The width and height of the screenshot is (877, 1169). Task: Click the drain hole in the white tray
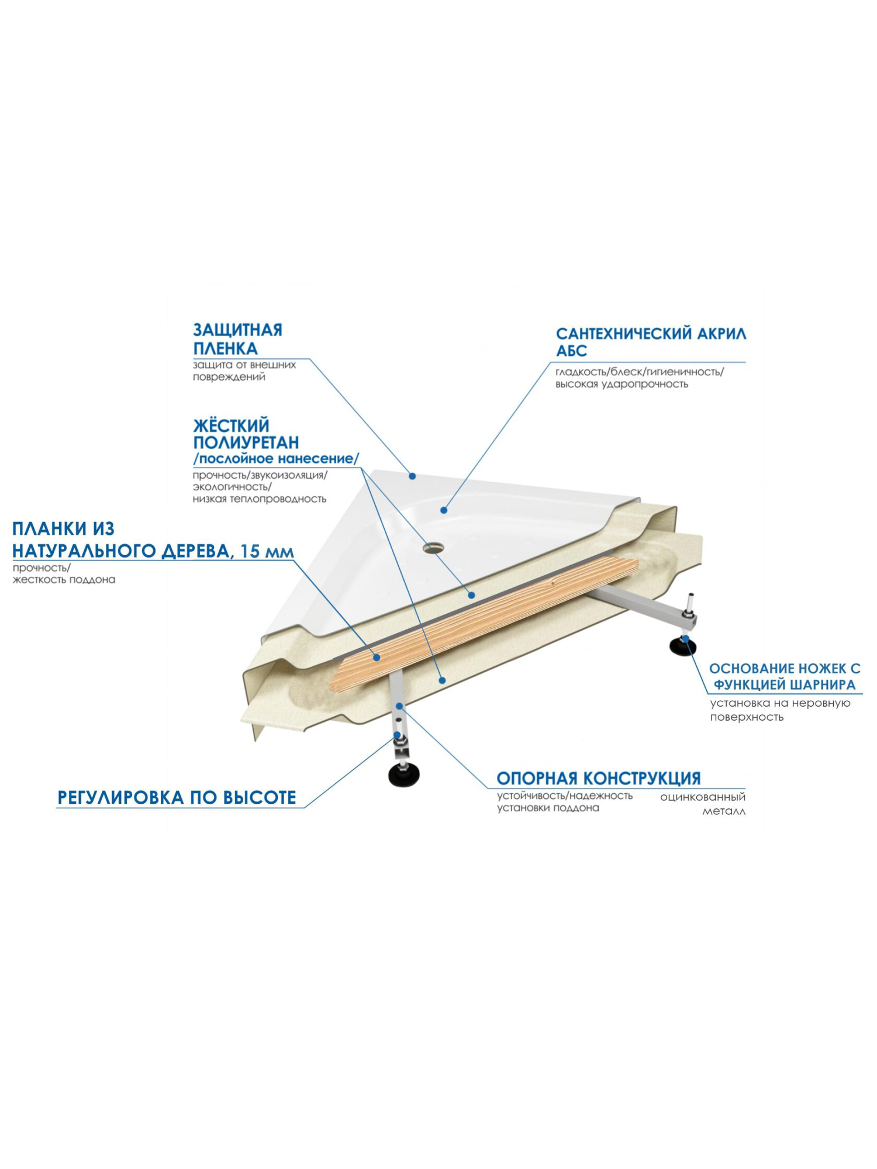pos(434,548)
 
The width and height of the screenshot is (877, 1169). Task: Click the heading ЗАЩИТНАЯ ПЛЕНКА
pos(237,339)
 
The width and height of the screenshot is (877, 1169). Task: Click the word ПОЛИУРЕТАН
pos(246,442)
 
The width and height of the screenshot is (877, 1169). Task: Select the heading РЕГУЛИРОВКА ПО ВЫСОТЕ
pos(177,798)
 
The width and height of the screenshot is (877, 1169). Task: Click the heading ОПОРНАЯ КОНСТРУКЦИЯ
pos(598,779)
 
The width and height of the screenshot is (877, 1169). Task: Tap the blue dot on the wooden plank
pos(377,658)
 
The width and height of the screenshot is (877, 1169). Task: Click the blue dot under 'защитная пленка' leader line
pos(412,476)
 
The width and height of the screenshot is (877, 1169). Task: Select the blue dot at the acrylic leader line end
pos(444,510)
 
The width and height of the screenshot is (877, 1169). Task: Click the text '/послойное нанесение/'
pos(275,459)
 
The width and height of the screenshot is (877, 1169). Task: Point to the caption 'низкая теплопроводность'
pos(259,499)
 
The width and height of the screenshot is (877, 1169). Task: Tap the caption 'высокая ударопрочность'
pos(621,384)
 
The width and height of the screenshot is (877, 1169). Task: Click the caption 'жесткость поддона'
pos(64,580)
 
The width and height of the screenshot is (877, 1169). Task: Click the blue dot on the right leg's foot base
pos(688,639)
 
